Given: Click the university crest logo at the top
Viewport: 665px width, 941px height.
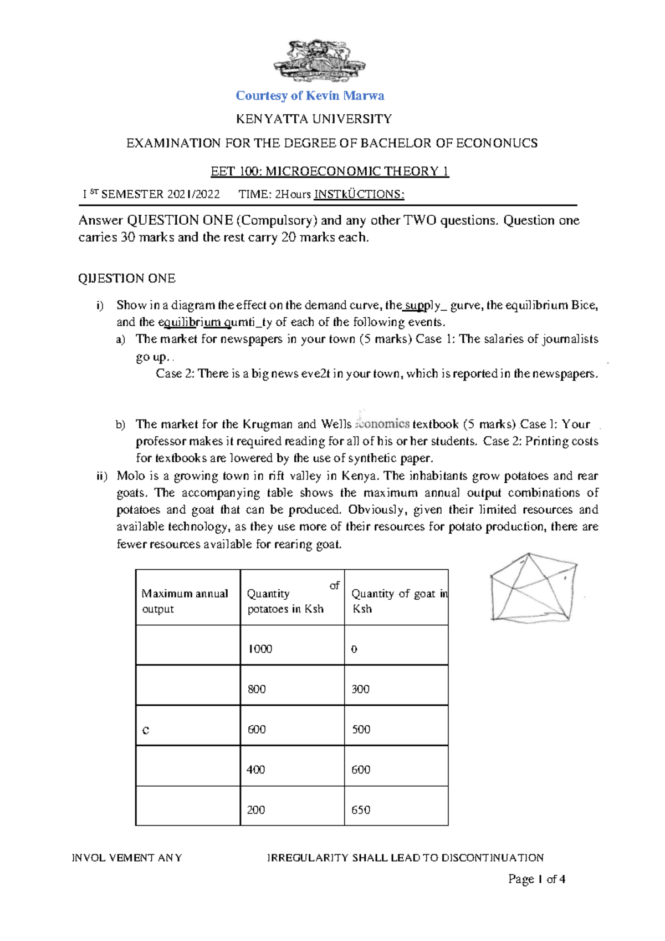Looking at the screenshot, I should coord(319,60).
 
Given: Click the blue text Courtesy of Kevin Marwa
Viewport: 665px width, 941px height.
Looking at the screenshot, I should coord(310,95).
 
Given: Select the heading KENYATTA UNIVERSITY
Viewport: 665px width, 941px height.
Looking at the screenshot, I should coord(314,119).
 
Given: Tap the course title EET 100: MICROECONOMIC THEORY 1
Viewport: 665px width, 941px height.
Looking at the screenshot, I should coord(329,171).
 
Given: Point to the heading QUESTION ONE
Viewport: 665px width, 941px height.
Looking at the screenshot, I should coord(127,278).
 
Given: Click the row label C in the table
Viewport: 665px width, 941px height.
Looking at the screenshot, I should coord(146,730).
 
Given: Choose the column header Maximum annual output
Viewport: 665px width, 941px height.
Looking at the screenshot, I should coord(185,601).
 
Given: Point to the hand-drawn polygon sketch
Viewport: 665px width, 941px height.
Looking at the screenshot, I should coord(533,588).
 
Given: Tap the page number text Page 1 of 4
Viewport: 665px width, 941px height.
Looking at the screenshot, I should coord(536,879).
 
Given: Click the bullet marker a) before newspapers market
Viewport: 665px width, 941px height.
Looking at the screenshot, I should coord(120,339).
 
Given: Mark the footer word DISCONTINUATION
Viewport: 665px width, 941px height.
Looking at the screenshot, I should coord(502,857).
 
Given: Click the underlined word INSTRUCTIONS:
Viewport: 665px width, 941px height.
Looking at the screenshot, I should coord(359,194).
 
